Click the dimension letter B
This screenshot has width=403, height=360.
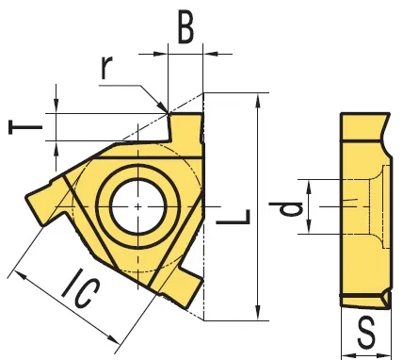[x=185, y=26]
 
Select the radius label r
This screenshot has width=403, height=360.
[x=106, y=68]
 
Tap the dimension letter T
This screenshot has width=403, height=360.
[x=25, y=127]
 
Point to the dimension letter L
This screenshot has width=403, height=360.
[x=234, y=217]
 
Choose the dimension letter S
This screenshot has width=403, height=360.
[x=366, y=332]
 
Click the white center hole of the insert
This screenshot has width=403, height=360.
[x=138, y=206]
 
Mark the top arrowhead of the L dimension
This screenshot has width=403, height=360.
[x=258, y=101]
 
